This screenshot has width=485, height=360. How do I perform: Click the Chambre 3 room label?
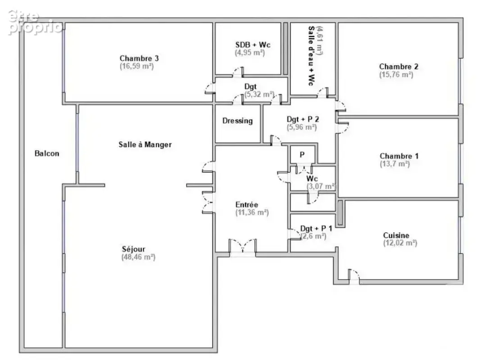tap(139, 58)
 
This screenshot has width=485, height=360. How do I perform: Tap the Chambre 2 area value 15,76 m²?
tap(396, 74)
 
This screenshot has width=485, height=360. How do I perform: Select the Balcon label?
tap(47, 153)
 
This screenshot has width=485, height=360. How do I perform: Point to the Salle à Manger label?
tap(145, 144)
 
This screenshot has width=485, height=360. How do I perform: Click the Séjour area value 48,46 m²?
tap(138, 257)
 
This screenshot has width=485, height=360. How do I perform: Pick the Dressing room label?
tap(238, 121)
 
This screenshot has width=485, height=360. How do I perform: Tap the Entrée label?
tap(247, 205)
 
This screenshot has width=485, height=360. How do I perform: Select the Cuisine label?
tap(396, 235)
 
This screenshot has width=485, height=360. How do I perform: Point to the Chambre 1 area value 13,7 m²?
tap(395, 164)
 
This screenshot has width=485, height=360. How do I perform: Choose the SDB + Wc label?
tap(253, 45)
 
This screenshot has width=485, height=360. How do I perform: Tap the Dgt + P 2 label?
tap(303, 119)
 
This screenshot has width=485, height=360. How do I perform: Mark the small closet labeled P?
tap(303, 154)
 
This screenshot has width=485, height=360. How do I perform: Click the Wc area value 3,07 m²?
tap(321, 186)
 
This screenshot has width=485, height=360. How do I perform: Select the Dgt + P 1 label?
tap(316, 228)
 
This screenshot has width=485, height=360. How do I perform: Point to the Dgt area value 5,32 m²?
tap(259, 94)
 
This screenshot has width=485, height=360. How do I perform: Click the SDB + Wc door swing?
tap(238, 72)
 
